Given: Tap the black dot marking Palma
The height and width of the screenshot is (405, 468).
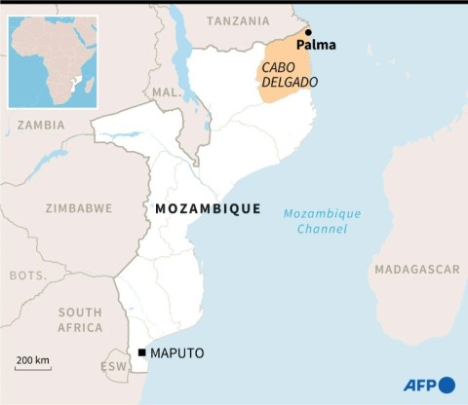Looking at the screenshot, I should click(308, 32).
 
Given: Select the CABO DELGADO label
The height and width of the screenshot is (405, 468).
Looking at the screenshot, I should click(288, 75).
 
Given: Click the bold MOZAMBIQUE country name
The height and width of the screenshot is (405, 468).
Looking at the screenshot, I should click(208, 208).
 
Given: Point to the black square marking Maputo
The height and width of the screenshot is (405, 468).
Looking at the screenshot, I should click(142, 352).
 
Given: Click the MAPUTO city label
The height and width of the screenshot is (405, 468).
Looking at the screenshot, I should click(177, 352).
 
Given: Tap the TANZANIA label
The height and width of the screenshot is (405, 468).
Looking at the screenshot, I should click(239, 20).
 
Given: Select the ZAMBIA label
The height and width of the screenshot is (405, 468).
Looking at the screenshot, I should click(41, 126).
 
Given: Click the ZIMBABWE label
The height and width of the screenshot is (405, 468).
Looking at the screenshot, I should click(79, 208).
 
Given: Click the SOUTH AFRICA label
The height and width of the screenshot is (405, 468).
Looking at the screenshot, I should click(79, 320).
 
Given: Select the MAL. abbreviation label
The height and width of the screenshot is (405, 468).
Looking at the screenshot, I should click(167, 92).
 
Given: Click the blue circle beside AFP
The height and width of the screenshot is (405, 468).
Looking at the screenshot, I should click(448, 385).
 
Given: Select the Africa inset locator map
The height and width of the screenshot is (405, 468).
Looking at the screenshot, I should click(53, 60).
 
